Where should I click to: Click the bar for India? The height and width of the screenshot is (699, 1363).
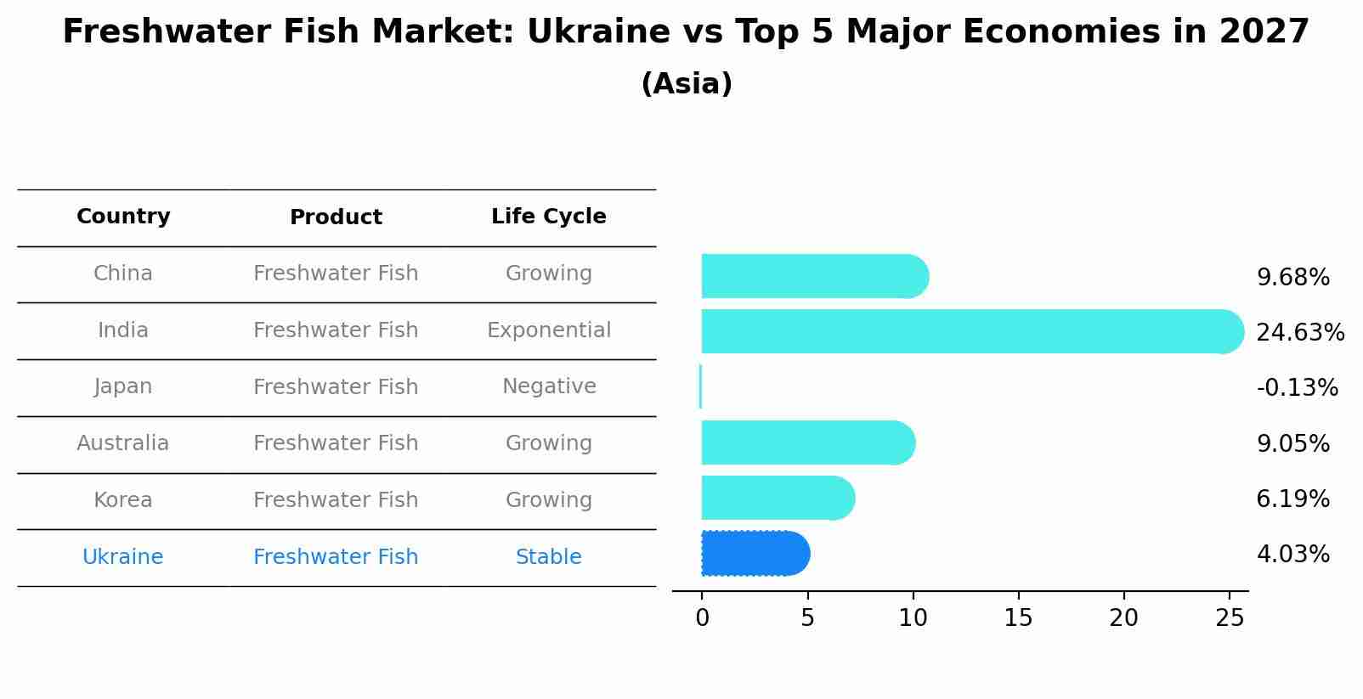point(969,331)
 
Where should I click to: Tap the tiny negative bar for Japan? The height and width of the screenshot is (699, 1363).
point(700,386)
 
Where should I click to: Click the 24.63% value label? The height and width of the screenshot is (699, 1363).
point(1299,332)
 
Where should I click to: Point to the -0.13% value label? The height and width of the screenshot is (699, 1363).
point(1297,388)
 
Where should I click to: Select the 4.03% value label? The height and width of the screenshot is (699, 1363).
point(1292,555)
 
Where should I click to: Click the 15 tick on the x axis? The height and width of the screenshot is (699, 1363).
point(1018,618)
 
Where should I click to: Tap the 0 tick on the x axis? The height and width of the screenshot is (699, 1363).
point(702,618)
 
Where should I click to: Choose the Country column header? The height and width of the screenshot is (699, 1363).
point(123,217)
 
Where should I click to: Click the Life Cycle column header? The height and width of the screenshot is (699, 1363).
point(548,217)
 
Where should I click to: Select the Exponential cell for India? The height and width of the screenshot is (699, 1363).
point(548,330)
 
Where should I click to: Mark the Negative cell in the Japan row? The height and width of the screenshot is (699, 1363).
point(548,386)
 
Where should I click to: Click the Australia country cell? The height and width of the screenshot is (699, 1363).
point(123,443)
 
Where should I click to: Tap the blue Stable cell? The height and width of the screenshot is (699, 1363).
point(548,557)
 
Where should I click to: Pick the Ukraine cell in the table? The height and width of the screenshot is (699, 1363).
point(123,557)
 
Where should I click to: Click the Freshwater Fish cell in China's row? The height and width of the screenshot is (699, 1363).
point(336,273)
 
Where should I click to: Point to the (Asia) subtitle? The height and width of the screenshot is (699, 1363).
point(686,84)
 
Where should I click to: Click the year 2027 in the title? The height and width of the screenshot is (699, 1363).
point(1264,32)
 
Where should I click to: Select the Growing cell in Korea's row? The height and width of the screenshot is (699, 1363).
point(548,500)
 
